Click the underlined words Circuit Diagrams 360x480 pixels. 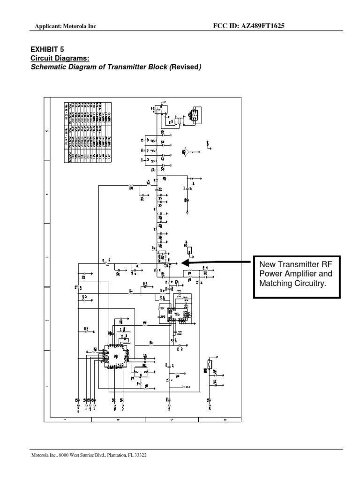tap(60, 58)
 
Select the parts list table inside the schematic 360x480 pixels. tap(88, 131)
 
